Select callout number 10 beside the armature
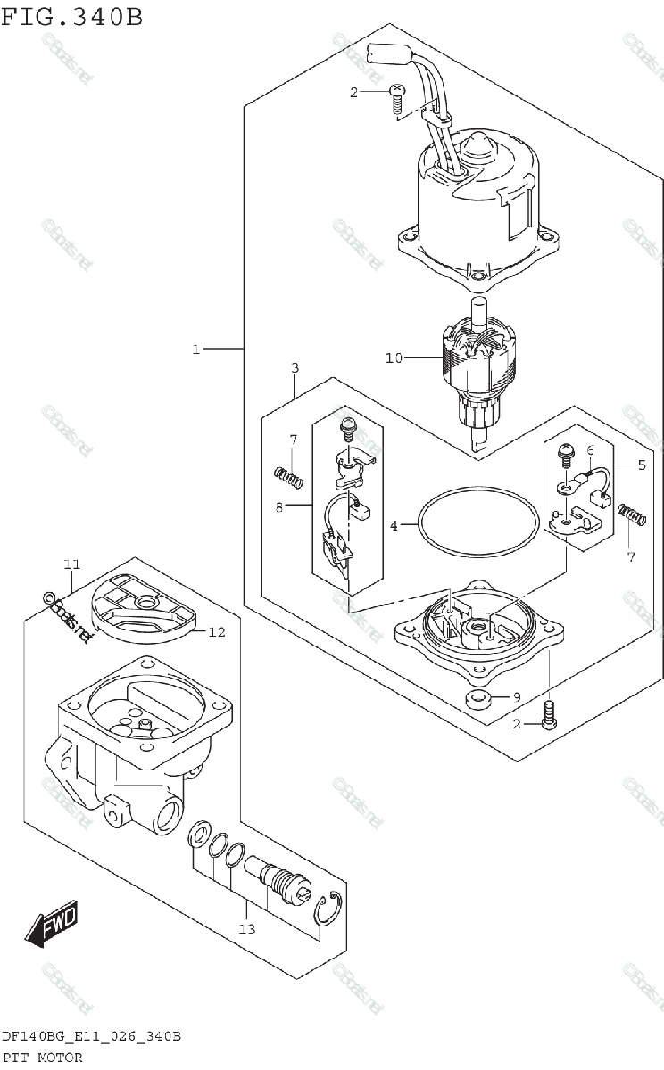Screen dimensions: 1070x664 pos(394,358)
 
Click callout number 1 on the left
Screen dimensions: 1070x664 pos(195,350)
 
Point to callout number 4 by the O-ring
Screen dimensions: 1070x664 pos(394,526)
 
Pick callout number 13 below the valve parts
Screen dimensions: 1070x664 pos(246,928)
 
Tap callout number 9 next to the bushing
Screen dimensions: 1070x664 pos(515,696)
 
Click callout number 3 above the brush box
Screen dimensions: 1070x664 pos(294,368)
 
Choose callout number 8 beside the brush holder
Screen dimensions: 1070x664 pos(278,507)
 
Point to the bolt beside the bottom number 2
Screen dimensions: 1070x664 pos(549,716)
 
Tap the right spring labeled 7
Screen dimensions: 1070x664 pos(632,515)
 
